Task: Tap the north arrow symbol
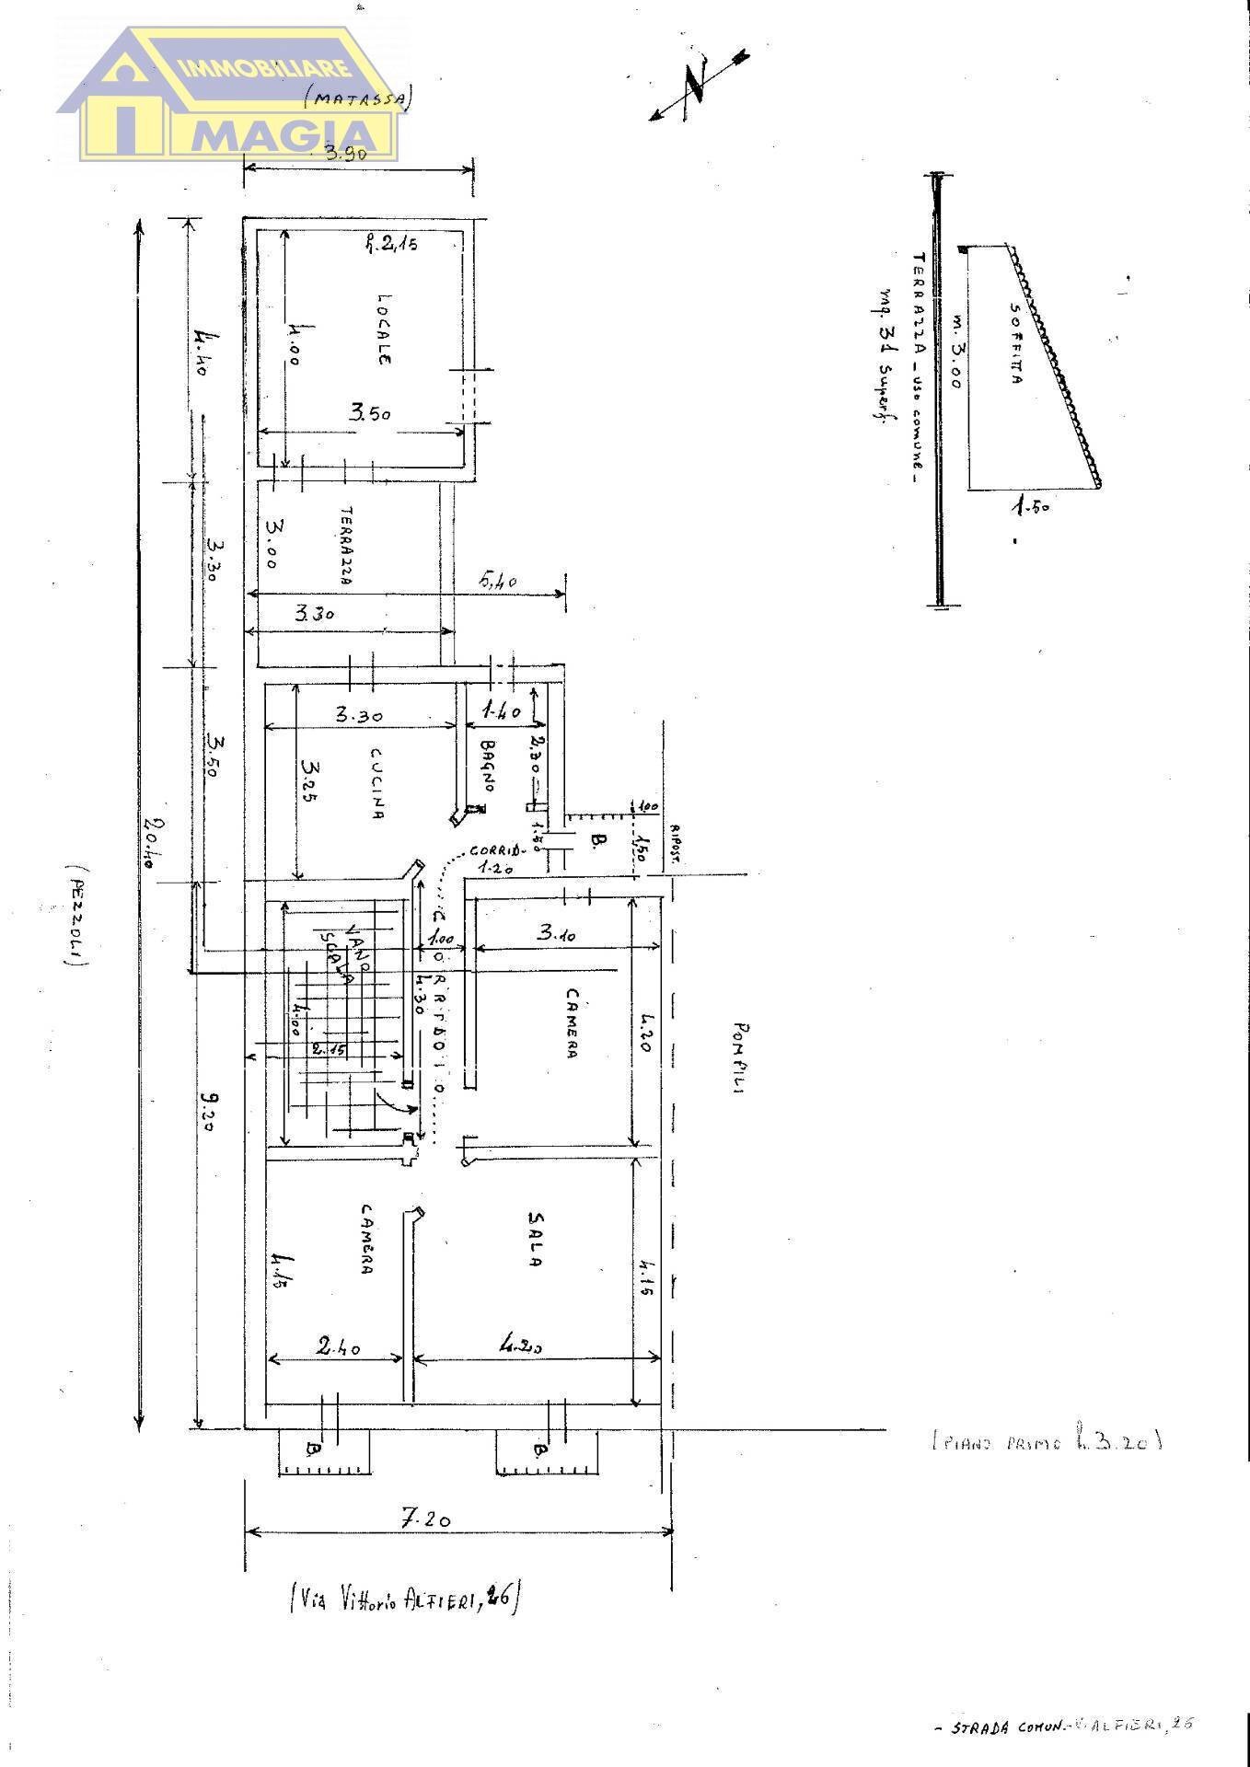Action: click(x=697, y=87)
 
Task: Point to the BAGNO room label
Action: click(x=488, y=766)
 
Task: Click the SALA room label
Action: click(x=534, y=1239)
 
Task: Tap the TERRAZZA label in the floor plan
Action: click(x=347, y=545)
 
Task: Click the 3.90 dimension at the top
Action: click(x=346, y=154)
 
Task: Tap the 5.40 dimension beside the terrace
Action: click(x=498, y=581)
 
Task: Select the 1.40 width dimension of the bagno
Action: click(x=501, y=710)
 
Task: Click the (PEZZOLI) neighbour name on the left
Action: click(x=76, y=915)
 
